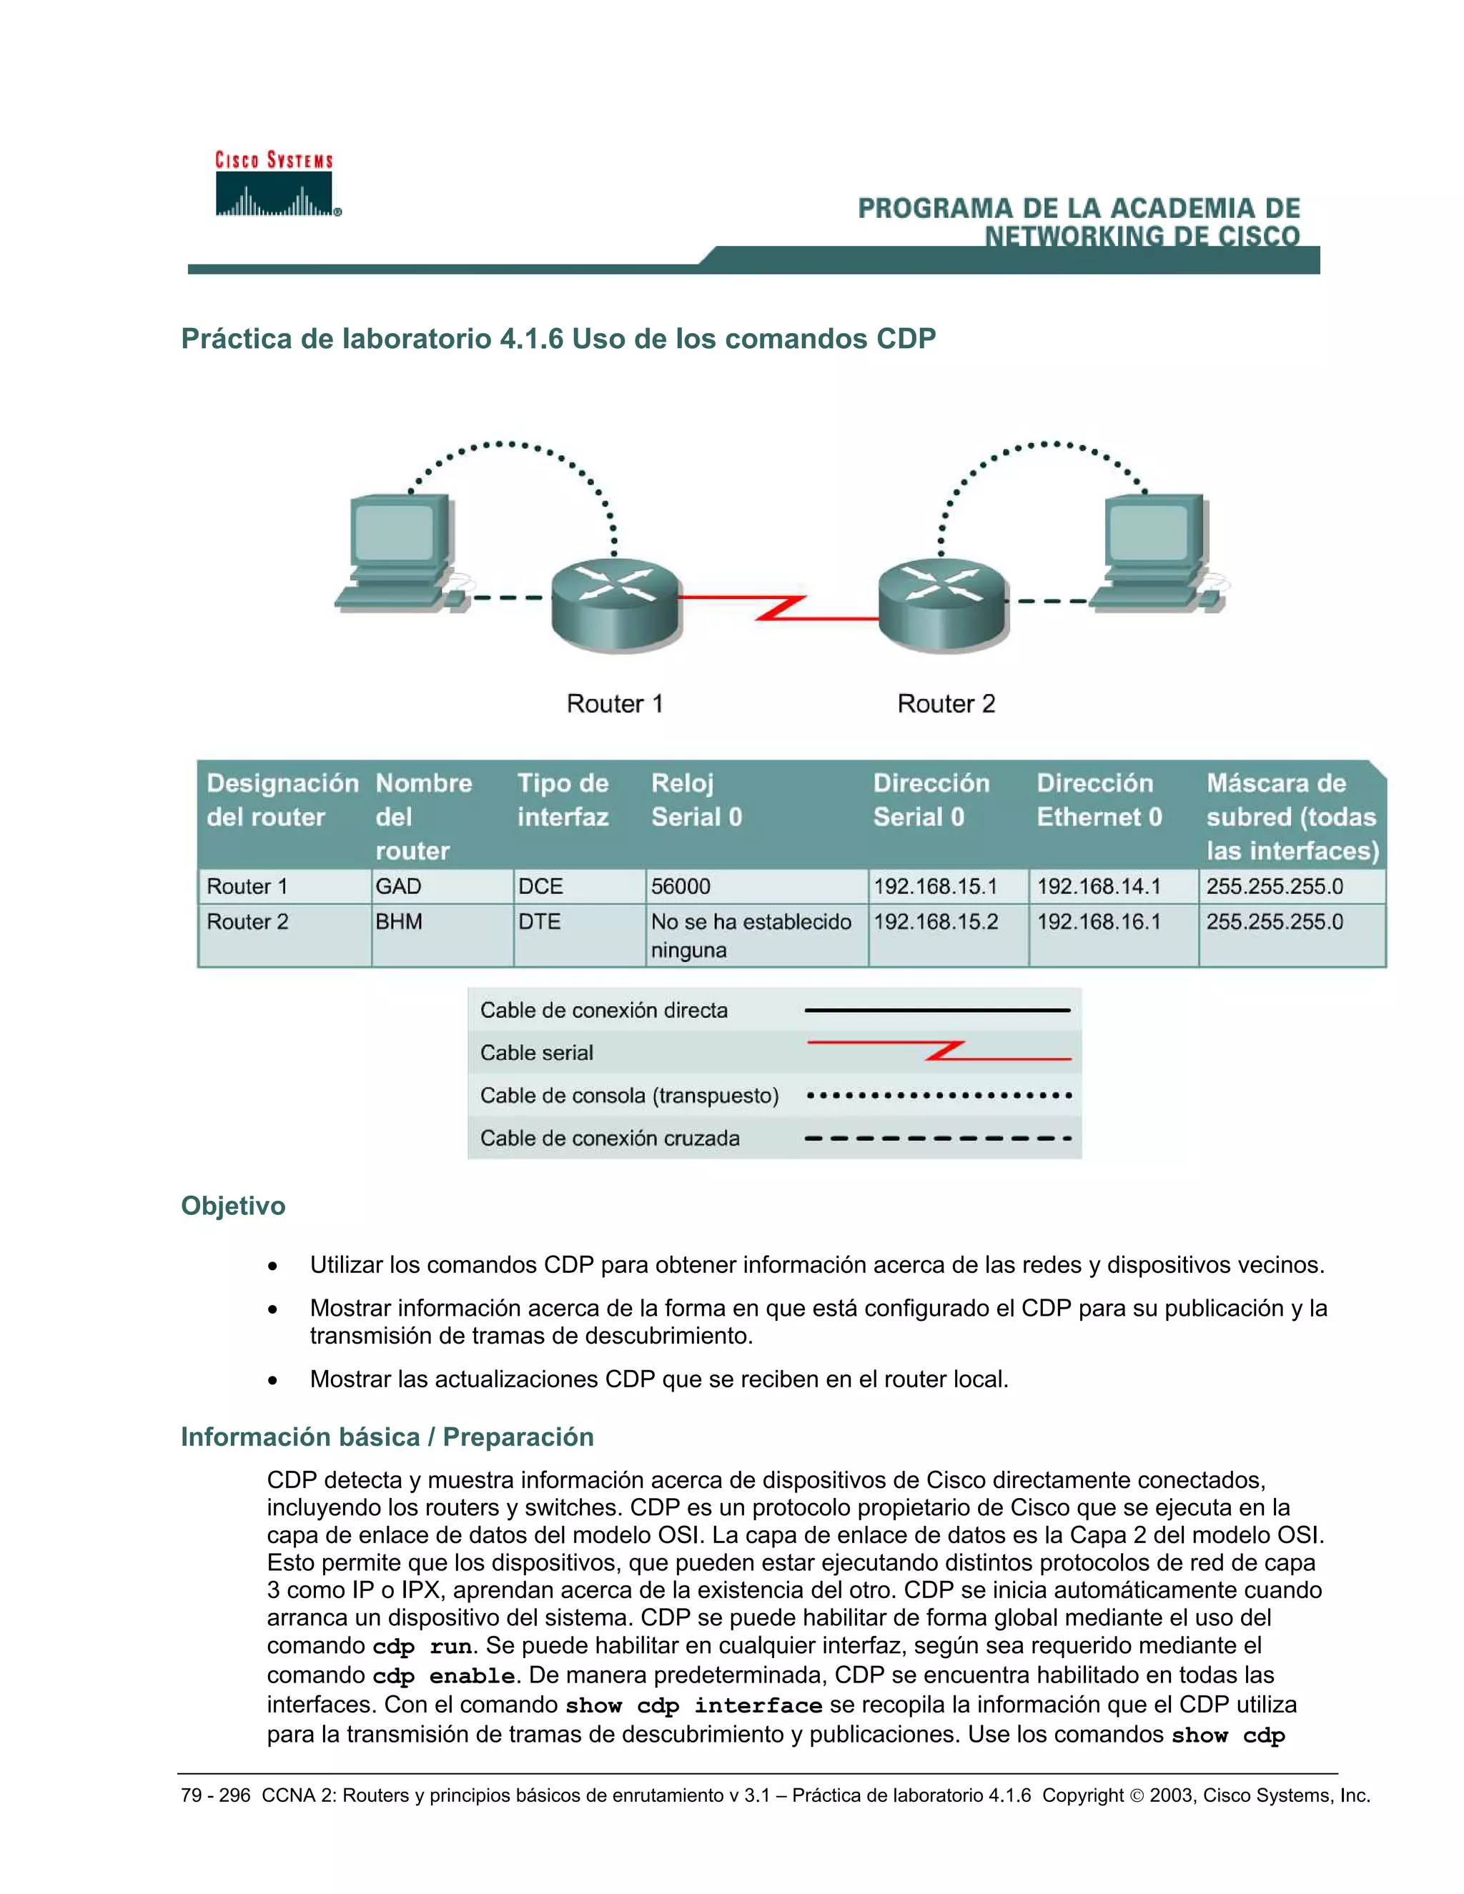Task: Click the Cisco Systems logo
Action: coord(275,184)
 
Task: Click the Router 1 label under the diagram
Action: coord(614,703)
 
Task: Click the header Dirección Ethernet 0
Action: coord(1098,800)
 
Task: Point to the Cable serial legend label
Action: coord(537,1053)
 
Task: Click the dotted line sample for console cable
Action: coord(939,1095)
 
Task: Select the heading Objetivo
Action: coord(232,1206)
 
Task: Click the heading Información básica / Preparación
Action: coord(387,1437)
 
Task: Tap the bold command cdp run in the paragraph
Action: coord(422,1647)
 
